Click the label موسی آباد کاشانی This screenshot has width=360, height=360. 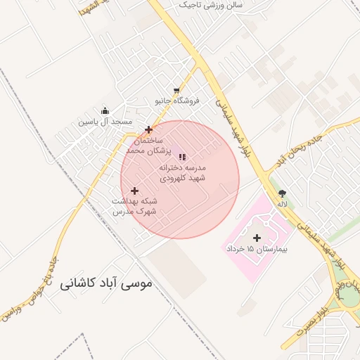tap(106, 283)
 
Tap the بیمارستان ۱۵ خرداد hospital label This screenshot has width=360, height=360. tap(258, 249)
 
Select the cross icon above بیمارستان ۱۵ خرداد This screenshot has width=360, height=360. tap(256, 238)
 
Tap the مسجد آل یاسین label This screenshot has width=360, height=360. tap(105, 122)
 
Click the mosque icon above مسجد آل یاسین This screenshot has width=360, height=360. tap(105, 110)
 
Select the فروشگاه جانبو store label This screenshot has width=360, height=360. tap(177, 101)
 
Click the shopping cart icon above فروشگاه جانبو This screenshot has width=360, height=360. tap(176, 90)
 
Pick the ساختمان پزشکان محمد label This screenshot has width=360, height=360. tap(144, 146)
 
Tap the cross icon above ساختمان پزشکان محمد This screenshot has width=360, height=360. tap(148, 129)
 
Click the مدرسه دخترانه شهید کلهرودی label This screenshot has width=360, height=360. tap(182, 173)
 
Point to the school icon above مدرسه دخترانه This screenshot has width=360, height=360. tap(183, 157)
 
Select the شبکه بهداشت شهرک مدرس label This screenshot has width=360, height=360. tap(134, 205)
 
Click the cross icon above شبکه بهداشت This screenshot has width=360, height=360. tap(134, 191)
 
